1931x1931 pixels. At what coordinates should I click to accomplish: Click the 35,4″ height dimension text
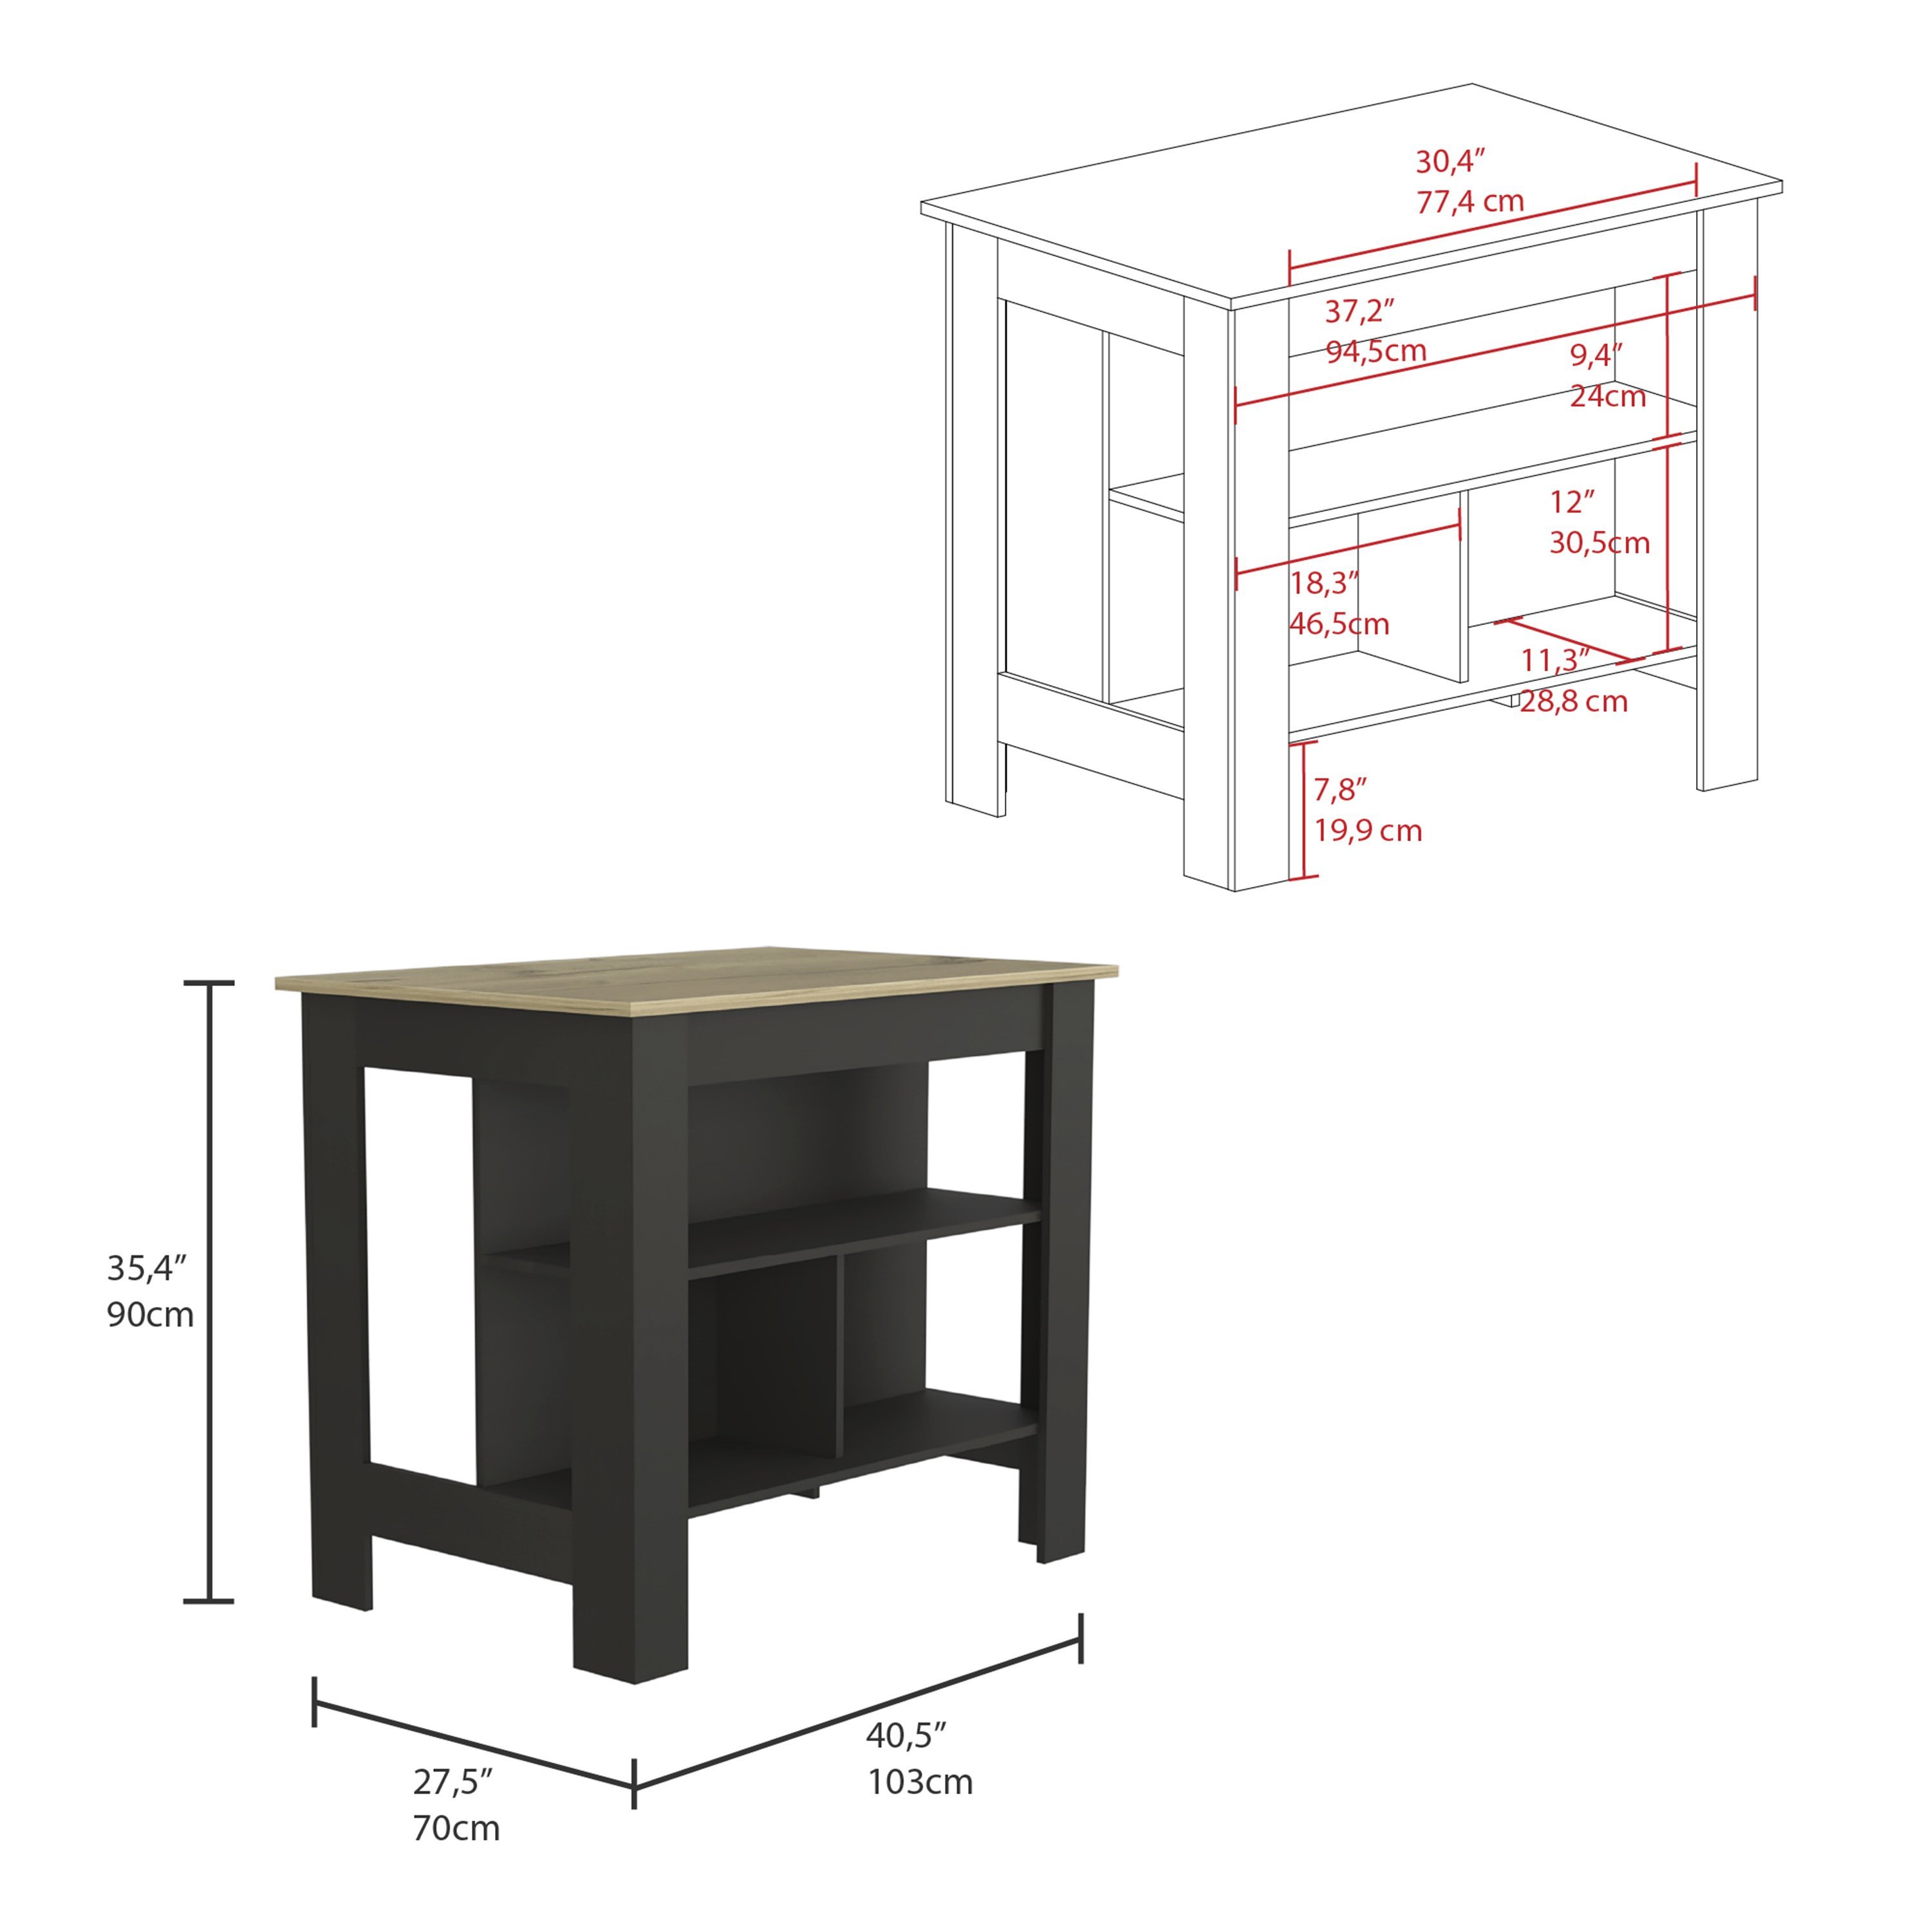[148, 1268]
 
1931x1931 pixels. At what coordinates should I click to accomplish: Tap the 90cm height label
[150, 1314]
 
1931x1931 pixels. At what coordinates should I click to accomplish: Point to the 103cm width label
[920, 1782]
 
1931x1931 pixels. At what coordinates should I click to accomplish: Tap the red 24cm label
[1607, 396]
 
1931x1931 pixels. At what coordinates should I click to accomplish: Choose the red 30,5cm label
[1599, 543]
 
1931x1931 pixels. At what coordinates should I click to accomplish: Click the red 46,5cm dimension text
[1338, 624]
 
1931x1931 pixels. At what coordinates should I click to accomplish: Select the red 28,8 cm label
[1574, 702]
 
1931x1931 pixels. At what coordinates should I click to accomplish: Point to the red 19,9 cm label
[1367, 830]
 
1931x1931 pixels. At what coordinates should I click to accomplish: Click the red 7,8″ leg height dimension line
[1303, 810]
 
